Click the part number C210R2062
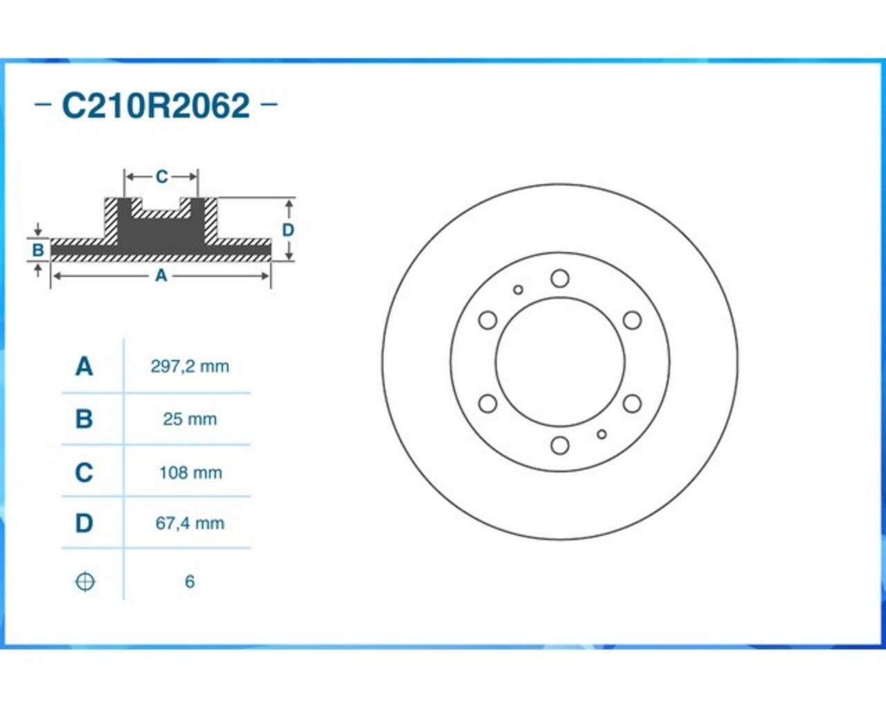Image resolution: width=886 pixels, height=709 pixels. point(156,105)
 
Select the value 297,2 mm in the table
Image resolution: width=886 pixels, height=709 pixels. point(190,366)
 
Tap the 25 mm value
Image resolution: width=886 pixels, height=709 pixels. point(190,419)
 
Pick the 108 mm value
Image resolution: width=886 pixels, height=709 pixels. point(190,472)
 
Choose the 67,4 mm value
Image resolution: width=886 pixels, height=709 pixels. point(190,523)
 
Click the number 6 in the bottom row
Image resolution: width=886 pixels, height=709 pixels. point(190,582)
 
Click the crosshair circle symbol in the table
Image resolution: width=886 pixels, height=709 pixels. point(85,582)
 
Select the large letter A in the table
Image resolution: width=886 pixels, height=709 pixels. point(84,366)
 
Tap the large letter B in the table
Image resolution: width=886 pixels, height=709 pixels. point(84,419)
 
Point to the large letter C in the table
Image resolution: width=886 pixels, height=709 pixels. point(84,472)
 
